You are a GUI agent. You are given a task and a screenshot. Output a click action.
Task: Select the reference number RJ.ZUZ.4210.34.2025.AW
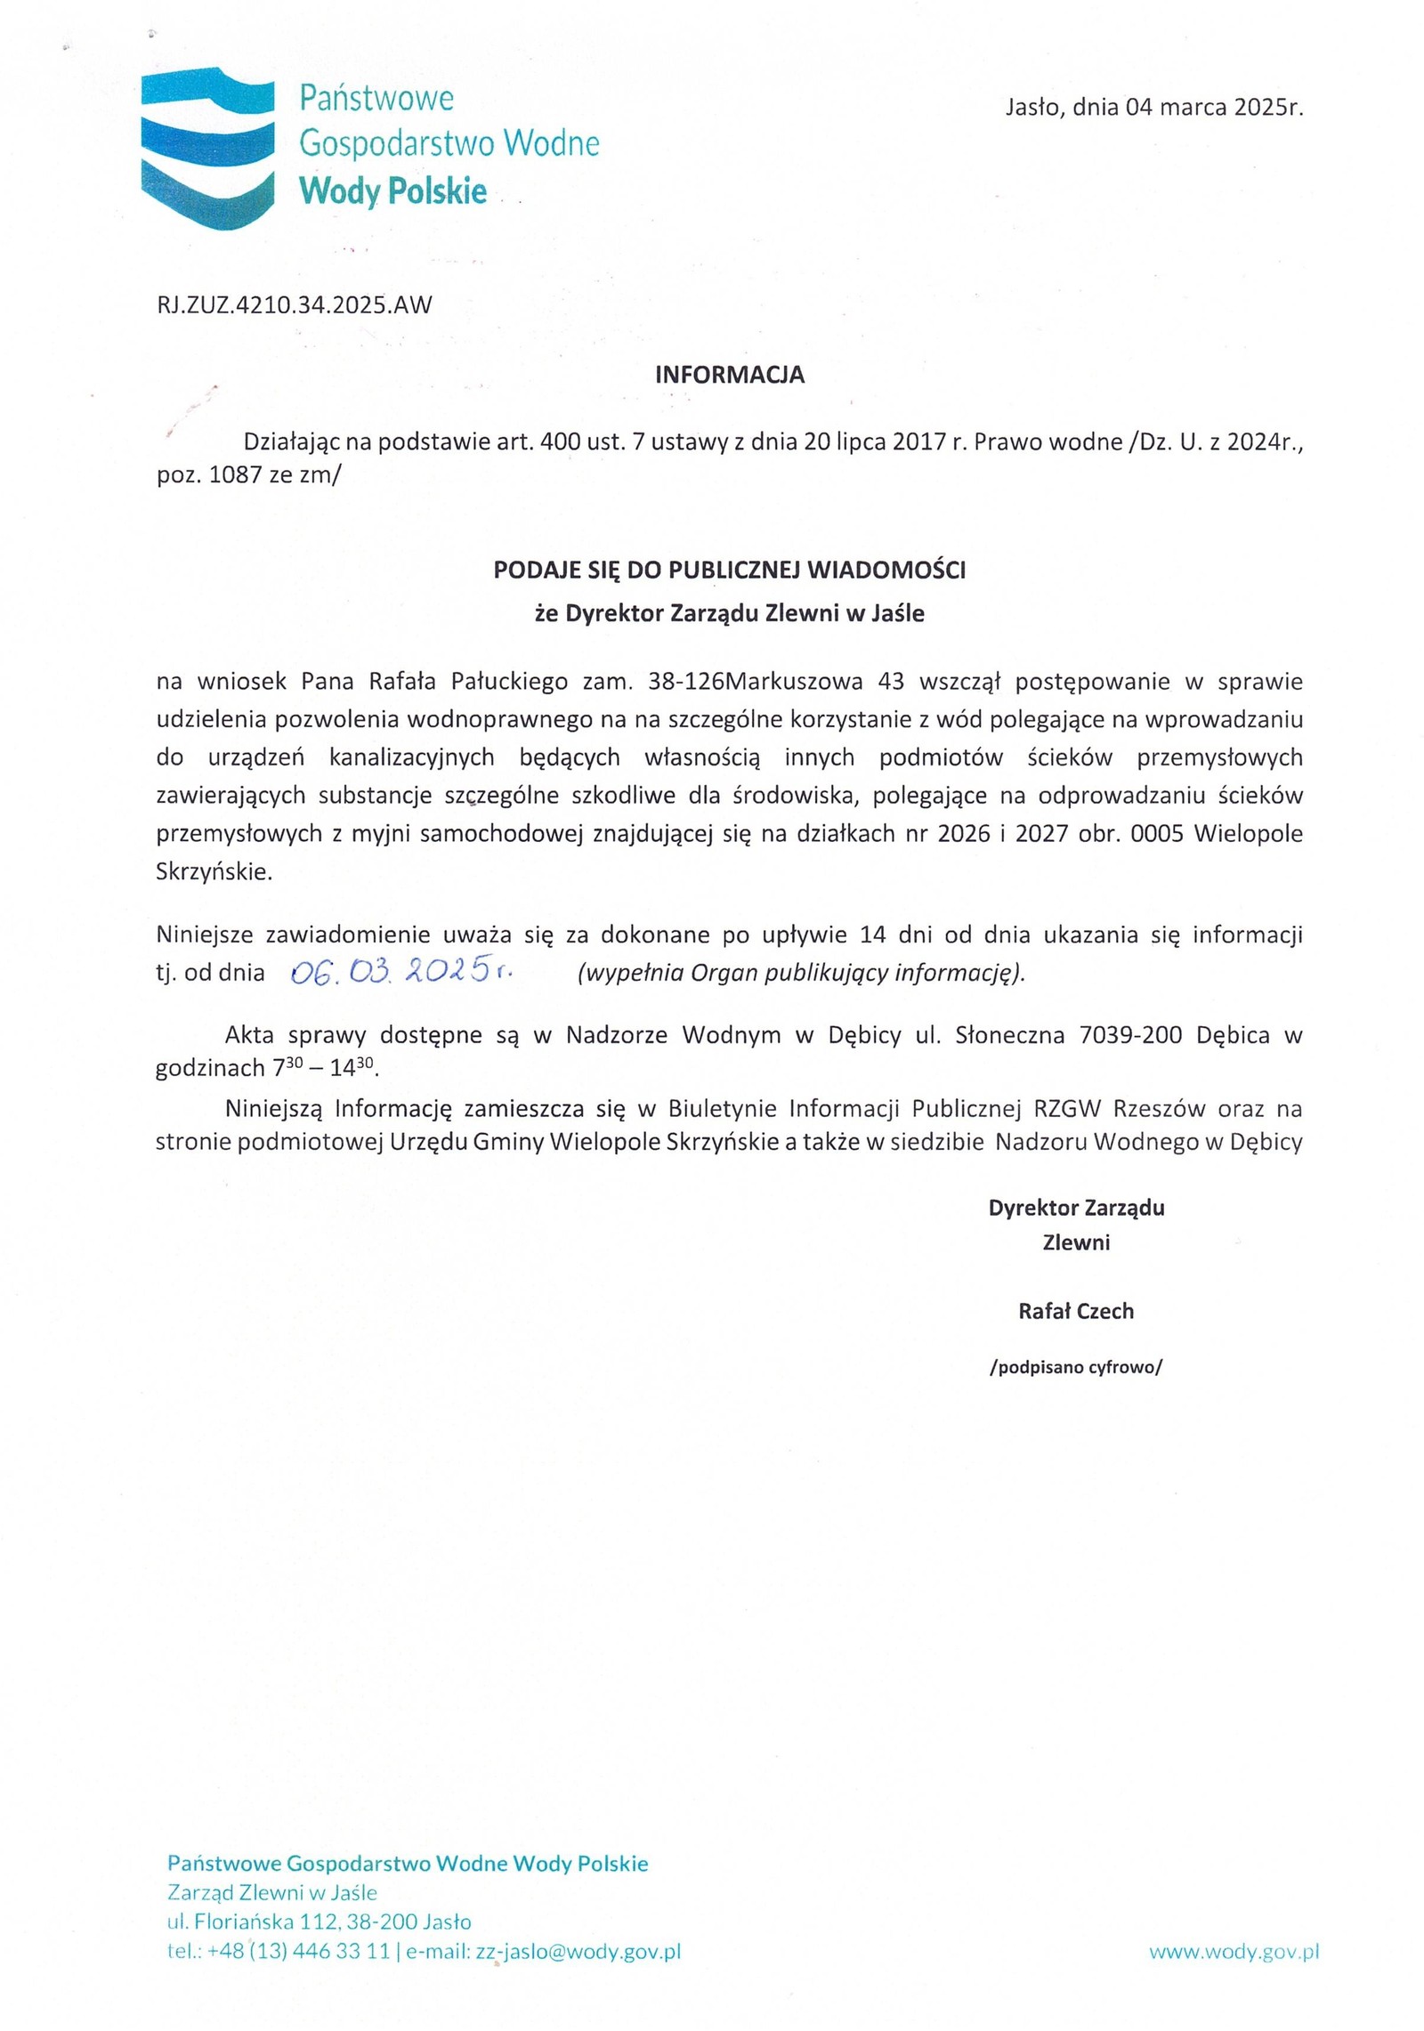click(294, 305)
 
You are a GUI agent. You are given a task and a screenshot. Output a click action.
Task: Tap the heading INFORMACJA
click(729, 375)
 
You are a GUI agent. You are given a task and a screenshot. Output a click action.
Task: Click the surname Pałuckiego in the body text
click(509, 682)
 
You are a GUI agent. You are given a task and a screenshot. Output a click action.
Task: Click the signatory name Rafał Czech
click(1075, 1311)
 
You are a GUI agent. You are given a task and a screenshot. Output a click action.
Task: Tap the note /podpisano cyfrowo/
click(1075, 1367)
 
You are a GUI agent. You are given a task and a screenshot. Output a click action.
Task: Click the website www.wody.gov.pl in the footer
click(1234, 1952)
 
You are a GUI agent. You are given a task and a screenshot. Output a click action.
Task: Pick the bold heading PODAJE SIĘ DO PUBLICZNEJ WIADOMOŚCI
click(729, 570)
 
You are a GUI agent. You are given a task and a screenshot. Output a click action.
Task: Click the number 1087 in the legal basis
click(236, 475)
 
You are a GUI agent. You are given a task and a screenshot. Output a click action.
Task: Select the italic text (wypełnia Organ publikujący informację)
click(801, 973)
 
